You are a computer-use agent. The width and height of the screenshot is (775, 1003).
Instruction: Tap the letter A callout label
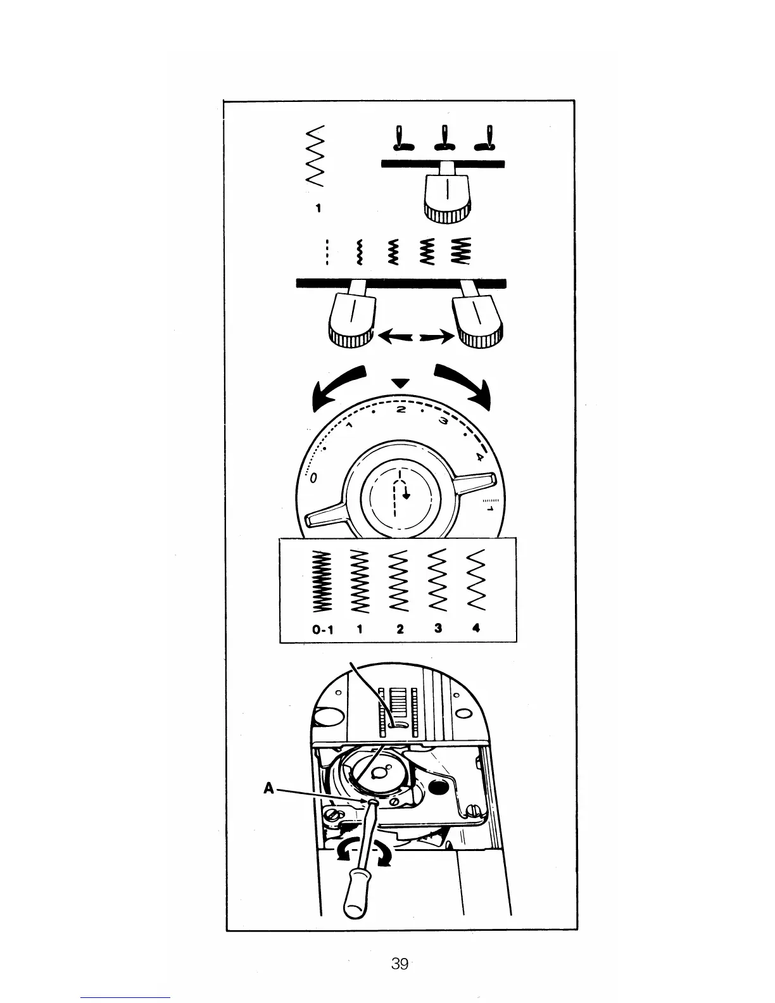click(x=268, y=788)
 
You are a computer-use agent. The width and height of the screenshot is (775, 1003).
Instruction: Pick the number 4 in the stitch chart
click(x=476, y=628)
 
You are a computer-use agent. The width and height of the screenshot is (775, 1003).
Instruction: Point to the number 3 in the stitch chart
click(x=438, y=629)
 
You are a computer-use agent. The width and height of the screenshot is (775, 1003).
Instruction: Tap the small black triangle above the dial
click(x=400, y=384)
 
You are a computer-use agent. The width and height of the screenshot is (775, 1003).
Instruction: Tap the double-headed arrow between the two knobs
click(x=415, y=337)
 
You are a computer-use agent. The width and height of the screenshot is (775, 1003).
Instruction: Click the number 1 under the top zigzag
click(x=318, y=208)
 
